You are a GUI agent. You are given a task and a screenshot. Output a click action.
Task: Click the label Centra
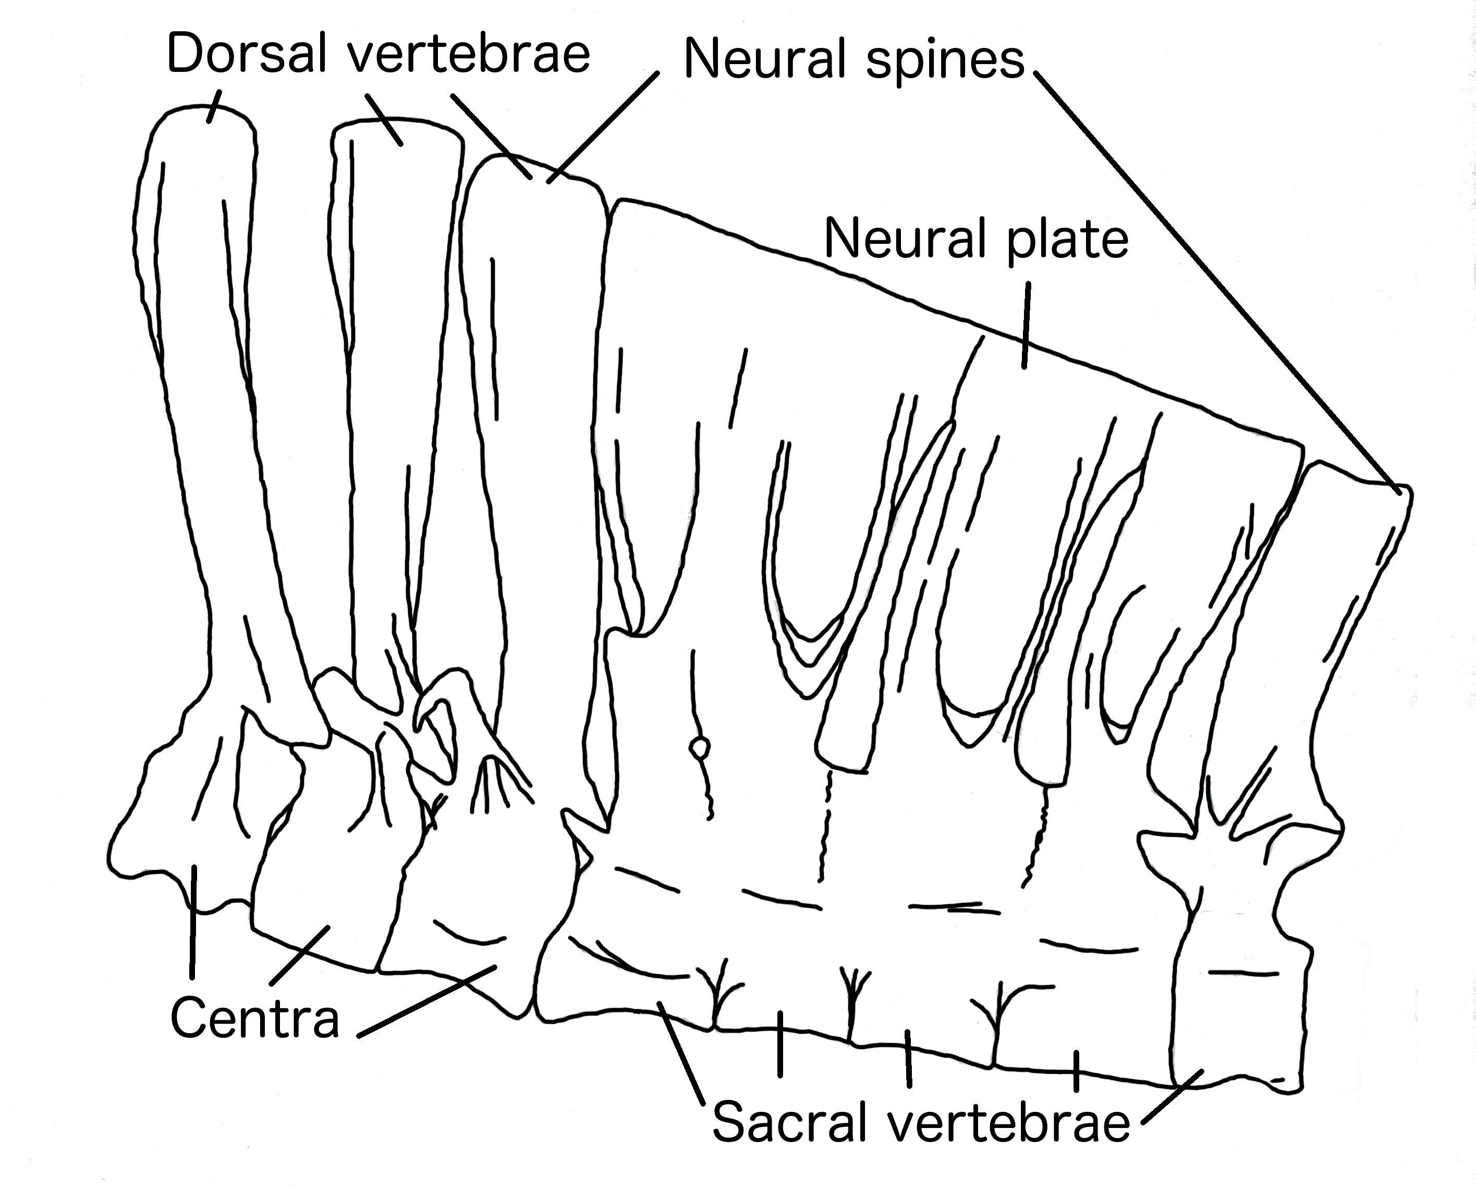click(254, 1019)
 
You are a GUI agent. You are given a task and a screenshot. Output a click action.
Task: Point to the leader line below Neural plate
click(1026, 328)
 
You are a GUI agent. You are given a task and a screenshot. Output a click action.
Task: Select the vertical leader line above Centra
click(193, 922)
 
